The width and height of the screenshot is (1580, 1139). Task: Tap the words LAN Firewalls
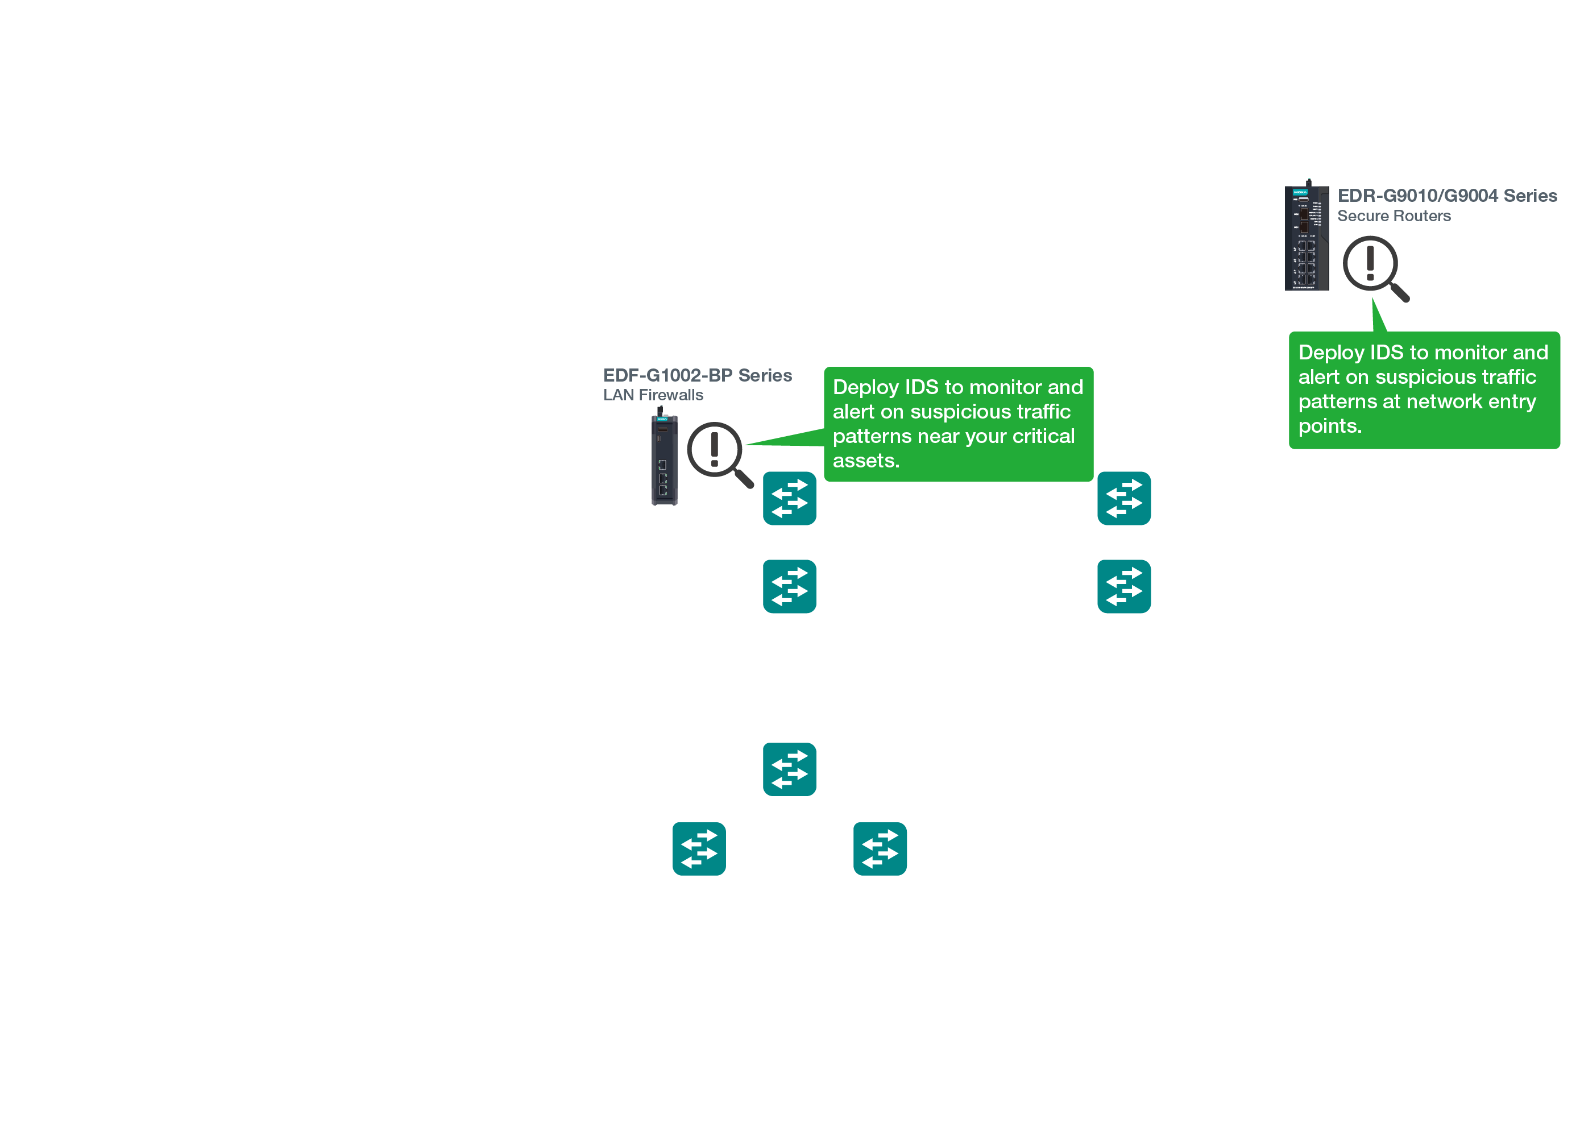click(x=653, y=395)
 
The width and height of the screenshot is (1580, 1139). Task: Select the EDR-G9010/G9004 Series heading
click(x=1446, y=196)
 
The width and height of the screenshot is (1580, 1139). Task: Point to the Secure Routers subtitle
click(x=1394, y=216)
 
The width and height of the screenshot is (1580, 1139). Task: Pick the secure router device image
click(x=1306, y=237)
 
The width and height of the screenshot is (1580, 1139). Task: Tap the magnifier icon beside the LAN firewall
click(x=718, y=453)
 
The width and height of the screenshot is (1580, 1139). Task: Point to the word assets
click(x=865, y=461)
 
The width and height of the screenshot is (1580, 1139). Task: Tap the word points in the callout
click(x=1329, y=426)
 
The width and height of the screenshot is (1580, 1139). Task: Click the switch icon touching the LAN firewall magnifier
click(x=789, y=499)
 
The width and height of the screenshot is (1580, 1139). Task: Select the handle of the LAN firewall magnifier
click(x=744, y=479)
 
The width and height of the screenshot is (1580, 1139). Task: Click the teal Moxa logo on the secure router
click(x=1300, y=192)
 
